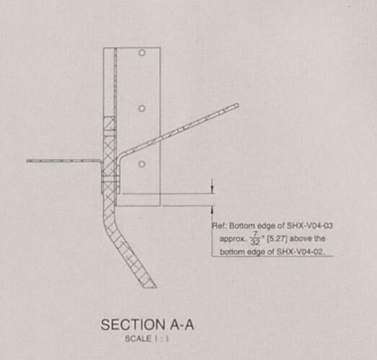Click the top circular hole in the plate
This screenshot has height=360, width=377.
click(142, 53)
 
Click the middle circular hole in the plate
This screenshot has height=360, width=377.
click(142, 109)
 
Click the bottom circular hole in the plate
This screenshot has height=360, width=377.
click(142, 164)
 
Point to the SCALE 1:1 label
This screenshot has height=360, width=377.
click(146, 339)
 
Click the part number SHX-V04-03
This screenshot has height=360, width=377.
click(310, 226)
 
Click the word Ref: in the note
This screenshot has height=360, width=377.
click(220, 226)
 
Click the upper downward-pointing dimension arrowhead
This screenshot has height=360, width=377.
click(212, 190)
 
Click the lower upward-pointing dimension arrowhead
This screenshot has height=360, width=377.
click(212, 210)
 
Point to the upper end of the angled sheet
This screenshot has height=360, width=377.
click(237, 105)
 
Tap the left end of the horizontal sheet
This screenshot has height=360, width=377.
click(27, 161)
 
